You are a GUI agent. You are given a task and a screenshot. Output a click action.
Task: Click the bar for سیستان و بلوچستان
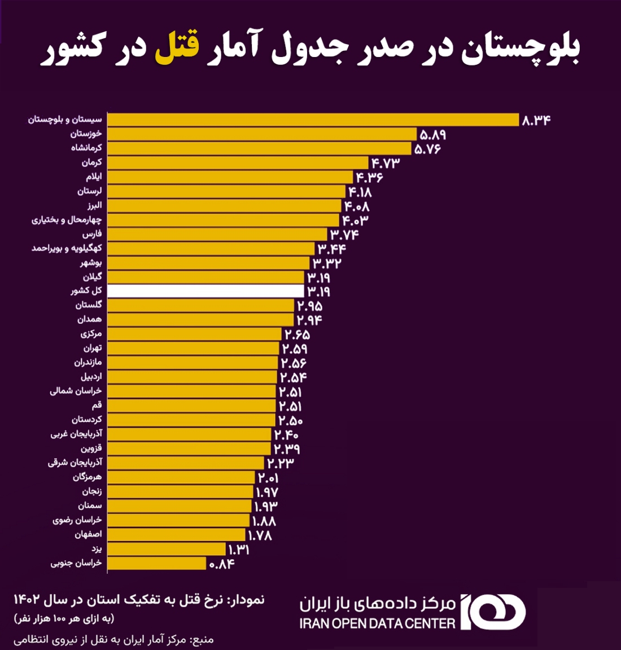tap(313, 120)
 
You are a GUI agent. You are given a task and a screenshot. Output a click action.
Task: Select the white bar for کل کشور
tap(205, 291)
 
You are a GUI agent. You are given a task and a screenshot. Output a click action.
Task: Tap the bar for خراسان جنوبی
tap(156, 563)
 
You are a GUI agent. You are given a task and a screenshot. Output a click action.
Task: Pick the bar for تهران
tap(193, 348)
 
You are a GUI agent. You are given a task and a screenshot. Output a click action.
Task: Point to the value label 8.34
tap(536, 120)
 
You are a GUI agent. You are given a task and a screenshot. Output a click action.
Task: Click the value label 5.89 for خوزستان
tap(433, 135)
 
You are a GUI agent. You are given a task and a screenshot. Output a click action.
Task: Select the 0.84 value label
tap(222, 564)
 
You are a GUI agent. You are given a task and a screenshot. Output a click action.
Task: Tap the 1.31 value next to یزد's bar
tap(238, 550)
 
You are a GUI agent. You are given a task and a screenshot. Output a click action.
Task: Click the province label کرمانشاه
tap(86, 148)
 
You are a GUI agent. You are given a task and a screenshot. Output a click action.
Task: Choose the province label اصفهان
tap(88, 534)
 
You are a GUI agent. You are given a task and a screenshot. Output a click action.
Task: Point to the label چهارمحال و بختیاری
tap(67, 219)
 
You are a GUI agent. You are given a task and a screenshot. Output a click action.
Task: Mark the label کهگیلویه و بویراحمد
tap(67, 248)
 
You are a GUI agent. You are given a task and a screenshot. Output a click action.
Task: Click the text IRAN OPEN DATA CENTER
tap(377, 623)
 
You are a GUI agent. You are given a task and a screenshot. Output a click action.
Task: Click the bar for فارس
tap(217, 234)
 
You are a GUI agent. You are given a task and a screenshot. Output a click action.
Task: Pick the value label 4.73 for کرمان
tap(385, 163)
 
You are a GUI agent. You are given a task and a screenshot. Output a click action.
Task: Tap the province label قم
tap(97, 405)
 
